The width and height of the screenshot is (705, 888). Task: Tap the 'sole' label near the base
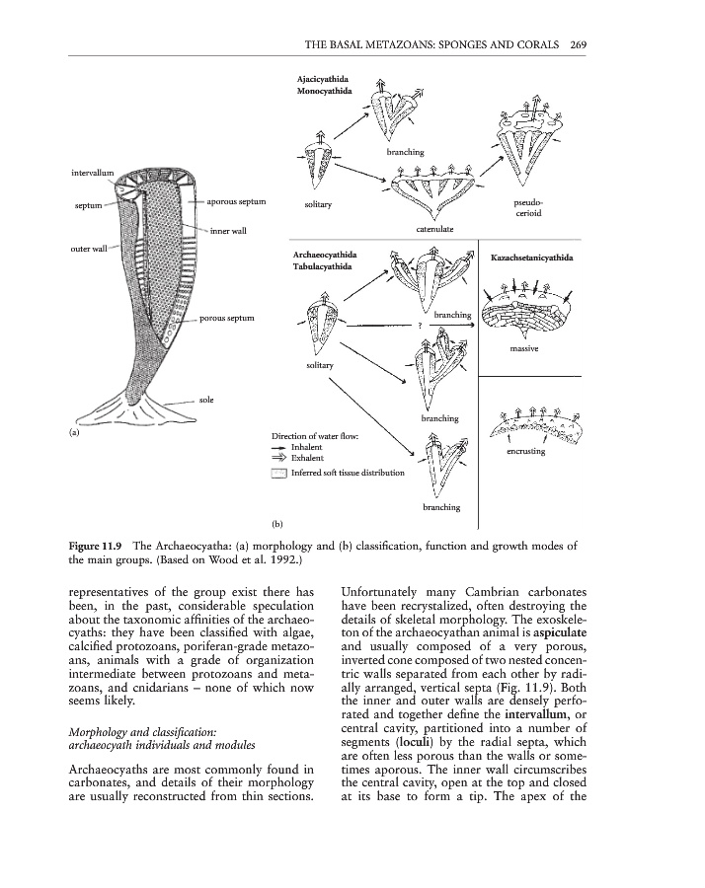[x=207, y=400]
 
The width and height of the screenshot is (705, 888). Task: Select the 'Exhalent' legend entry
[x=308, y=459]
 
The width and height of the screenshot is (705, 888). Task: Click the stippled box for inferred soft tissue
[x=278, y=474]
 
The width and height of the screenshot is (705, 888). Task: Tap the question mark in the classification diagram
[x=419, y=326]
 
